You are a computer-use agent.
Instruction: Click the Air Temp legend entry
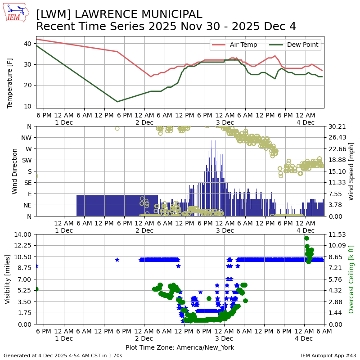pyautogui.click(x=243, y=45)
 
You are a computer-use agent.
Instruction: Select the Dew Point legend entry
pyautogui.click(x=303, y=45)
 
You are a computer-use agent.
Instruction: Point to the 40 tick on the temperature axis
pyautogui.click(x=27, y=44)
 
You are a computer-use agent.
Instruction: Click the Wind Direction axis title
pyautogui.click(x=15, y=171)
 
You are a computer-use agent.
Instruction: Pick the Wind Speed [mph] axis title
pyautogui.click(x=351, y=171)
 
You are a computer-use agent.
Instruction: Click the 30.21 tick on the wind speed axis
pyautogui.click(x=334, y=126)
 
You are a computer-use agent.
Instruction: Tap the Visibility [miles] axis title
pyautogui.click(x=8, y=279)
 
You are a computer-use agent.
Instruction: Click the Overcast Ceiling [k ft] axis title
pyautogui.click(x=351, y=279)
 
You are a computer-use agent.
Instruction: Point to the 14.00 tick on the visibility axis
pyautogui.click(x=23, y=234)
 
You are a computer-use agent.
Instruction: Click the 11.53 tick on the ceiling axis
pyautogui.click(x=334, y=234)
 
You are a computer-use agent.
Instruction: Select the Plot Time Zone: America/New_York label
pyautogui.click(x=180, y=347)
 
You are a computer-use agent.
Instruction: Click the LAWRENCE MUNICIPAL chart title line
pyautogui.click(x=119, y=14)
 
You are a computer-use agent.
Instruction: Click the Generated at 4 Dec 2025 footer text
pyautogui.click(x=63, y=355)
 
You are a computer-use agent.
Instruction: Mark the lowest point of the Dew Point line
pyautogui.click(x=117, y=102)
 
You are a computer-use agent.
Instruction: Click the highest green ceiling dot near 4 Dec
pyautogui.click(x=306, y=238)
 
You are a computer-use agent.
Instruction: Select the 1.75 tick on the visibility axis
pyautogui.click(x=24, y=313)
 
